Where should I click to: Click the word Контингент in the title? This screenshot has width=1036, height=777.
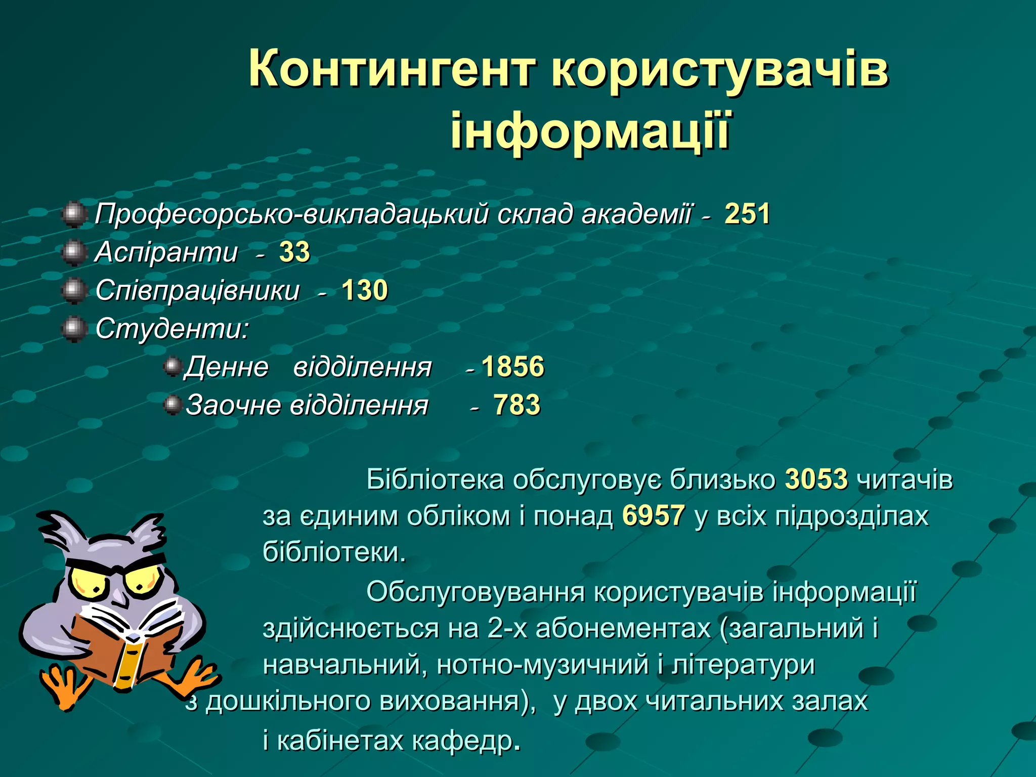tap(392, 69)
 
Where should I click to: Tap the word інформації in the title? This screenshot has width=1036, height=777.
tap(590, 131)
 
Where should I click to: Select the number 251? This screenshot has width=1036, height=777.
tap(747, 213)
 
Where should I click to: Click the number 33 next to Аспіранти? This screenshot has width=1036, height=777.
tap(294, 252)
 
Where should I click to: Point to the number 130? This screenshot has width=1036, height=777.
tap(365, 290)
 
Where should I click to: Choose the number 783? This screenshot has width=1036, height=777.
tap(516, 405)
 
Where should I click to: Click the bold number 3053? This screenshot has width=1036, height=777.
tap(816, 479)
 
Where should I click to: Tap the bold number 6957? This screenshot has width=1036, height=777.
tap(654, 516)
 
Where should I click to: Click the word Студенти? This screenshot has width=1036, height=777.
tap(172, 329)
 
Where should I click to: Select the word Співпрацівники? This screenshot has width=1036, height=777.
tap(197, 290)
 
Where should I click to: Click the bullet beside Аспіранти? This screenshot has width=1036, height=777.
tap(74, 252)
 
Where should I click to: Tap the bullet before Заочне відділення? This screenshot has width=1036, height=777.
tap(173, 405)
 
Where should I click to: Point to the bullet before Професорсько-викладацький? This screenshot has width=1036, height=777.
tap(74, 214)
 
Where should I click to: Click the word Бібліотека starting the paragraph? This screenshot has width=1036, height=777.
tap(435, 479)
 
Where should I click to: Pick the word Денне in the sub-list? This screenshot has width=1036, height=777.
tap(227, 367)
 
